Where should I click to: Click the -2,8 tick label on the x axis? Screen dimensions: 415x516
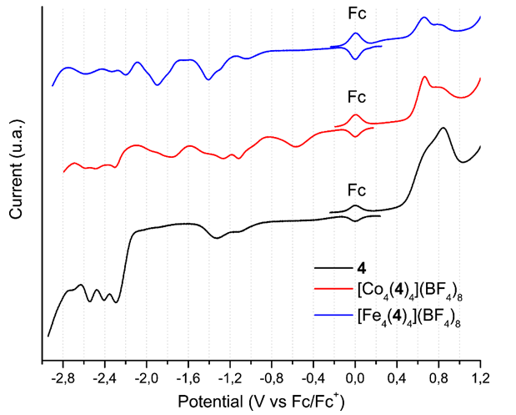(x=62, y=377)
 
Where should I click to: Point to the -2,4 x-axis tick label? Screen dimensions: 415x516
(x=103, y=377)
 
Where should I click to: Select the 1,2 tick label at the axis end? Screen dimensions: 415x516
(x=480, y=377)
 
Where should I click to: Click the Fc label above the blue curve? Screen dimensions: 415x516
(x=357, y=14)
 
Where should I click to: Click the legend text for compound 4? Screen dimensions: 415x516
(x=361, y=268)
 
